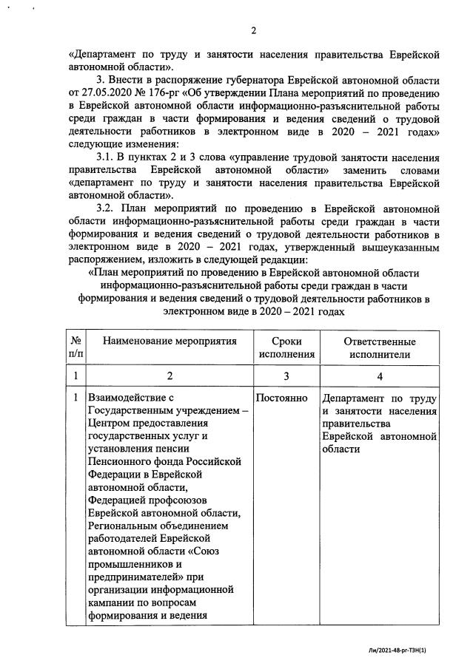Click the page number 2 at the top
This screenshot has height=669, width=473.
254,30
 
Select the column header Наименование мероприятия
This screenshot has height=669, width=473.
170,342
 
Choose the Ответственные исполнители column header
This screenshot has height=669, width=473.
380,348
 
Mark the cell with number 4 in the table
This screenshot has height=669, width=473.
380,376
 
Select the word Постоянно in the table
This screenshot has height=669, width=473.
282,398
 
